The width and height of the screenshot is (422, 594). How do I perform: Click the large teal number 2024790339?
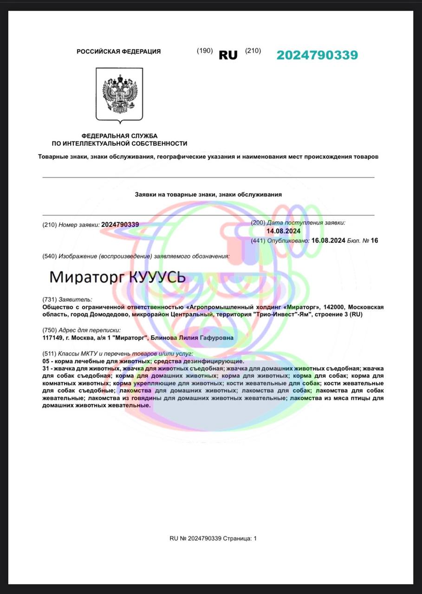(317, 55)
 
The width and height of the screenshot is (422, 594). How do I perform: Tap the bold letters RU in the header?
(228, 55)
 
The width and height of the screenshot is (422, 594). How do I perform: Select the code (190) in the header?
(205, 51)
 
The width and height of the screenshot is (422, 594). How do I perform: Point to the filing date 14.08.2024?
(283, 231)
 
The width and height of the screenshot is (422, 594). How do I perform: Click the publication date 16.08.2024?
(328, 240)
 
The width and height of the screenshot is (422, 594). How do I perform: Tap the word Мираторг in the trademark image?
(86, 278)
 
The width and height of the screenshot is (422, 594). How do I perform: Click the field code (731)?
(49, 300)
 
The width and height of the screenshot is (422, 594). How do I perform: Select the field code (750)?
(49, 330)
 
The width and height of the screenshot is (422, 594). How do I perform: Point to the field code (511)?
(49, 354)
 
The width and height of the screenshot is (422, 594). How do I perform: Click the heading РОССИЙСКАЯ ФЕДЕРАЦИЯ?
(119, 52)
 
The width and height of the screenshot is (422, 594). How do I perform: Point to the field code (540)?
(49, 256)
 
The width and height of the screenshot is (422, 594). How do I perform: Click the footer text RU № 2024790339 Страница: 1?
(213, 538)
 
